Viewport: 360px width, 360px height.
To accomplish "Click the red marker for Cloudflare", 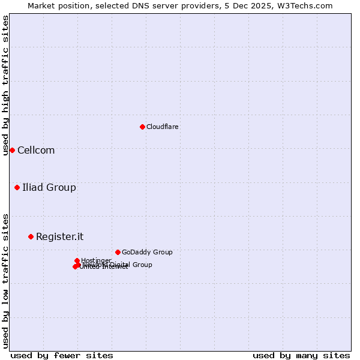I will pyautogui.click(x=142, y=127).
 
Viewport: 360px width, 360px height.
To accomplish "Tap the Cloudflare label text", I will pyautogui.click(x=162, y=127).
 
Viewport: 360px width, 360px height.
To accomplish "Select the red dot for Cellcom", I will pyautogui.click(x=12, y=150).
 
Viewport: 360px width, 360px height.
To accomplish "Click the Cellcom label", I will pyautogui.click(x=36, y=150).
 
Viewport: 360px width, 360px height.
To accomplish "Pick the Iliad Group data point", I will pyautogui.click(x=17, y=188).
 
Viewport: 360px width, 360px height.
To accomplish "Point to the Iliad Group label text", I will pyautogui.click(x=49, y=188).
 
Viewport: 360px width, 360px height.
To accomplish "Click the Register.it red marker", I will pyautogui.click(x=31, y=236).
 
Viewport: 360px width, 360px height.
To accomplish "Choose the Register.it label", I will pyautogui.click(x=59, y=236).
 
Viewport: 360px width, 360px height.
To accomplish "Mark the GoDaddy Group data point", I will pyautogui.click(x=118, y=252).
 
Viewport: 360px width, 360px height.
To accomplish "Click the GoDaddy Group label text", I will pyautogui.click(x=147, y=252).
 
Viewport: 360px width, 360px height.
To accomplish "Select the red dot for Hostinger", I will pyautogui.click(x=77, y=260).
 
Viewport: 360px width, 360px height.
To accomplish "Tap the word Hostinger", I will pyautogui.click(x=96, y=260).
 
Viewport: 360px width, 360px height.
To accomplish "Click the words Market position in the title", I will pyautogui.click(x=59, y=5).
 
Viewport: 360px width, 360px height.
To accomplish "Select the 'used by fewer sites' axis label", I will pyautogui.click(x=62, y=355).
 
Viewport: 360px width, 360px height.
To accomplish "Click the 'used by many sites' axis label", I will pyautogui.click(x=301, y=355).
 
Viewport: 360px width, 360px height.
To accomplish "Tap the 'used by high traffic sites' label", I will pyautogui.click(x=5, y=85).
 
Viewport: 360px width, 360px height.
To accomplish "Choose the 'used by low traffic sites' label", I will pyautogui.click(x=5, y=280).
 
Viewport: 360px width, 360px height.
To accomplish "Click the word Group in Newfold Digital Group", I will pyautogui.click(x=142, y=265).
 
